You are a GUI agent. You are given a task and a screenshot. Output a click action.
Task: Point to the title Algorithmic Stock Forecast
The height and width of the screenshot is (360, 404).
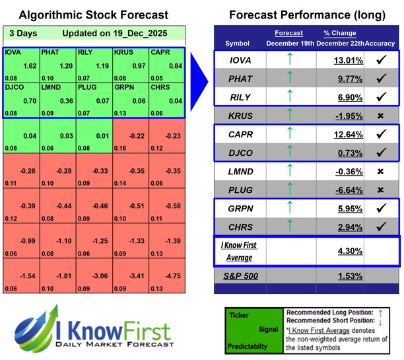[92, 15]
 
